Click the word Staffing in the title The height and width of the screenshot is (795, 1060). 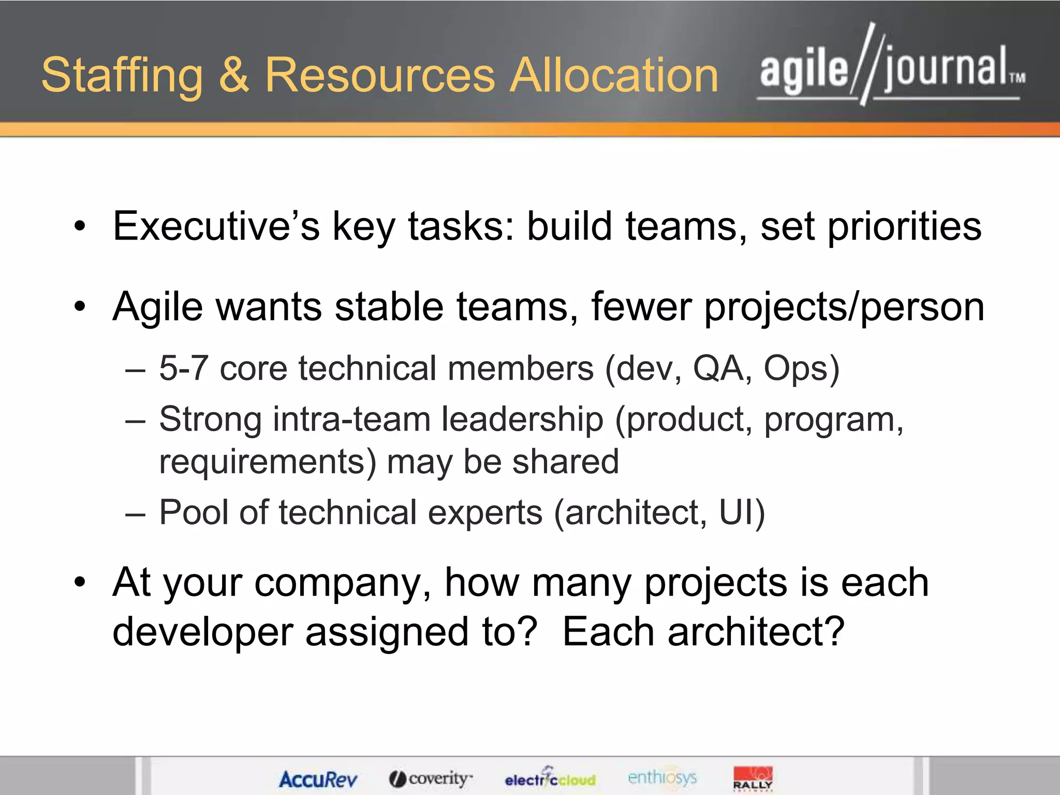(x=122, y=76)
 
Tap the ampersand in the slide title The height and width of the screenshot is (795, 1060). (x=234, y=76)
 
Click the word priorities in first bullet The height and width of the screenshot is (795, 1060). (x=904, y=227)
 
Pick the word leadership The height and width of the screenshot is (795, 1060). (x=522, y=419)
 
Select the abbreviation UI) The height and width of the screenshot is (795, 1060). (x=742, y=512)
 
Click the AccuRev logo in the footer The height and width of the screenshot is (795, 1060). (x=318, y=779)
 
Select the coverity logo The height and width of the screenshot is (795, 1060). (x=431, y=778)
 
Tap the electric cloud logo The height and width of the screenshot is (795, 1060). (x=550, y=778)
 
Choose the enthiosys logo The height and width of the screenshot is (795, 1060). (x=662, y=777)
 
